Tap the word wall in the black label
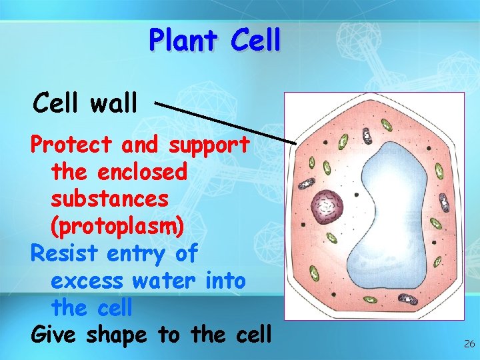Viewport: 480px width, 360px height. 113,103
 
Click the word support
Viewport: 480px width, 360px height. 209,145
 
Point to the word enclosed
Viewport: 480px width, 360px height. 142,171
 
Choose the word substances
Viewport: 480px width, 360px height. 109,199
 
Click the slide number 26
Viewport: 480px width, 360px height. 469,344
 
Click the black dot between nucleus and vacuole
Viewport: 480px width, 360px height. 357,195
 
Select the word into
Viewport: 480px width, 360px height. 225,281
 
